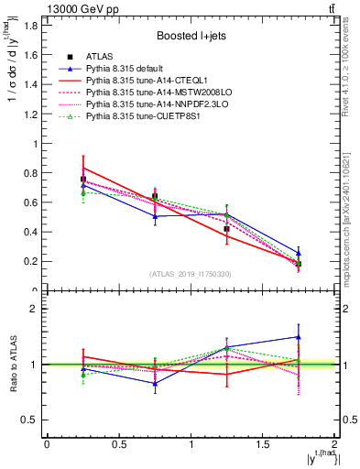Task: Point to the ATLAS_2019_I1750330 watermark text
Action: click(190, 274)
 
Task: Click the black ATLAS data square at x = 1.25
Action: click(227, 229)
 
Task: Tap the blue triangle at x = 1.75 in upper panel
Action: click(299, 253)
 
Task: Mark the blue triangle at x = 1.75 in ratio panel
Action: click(299, 337)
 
